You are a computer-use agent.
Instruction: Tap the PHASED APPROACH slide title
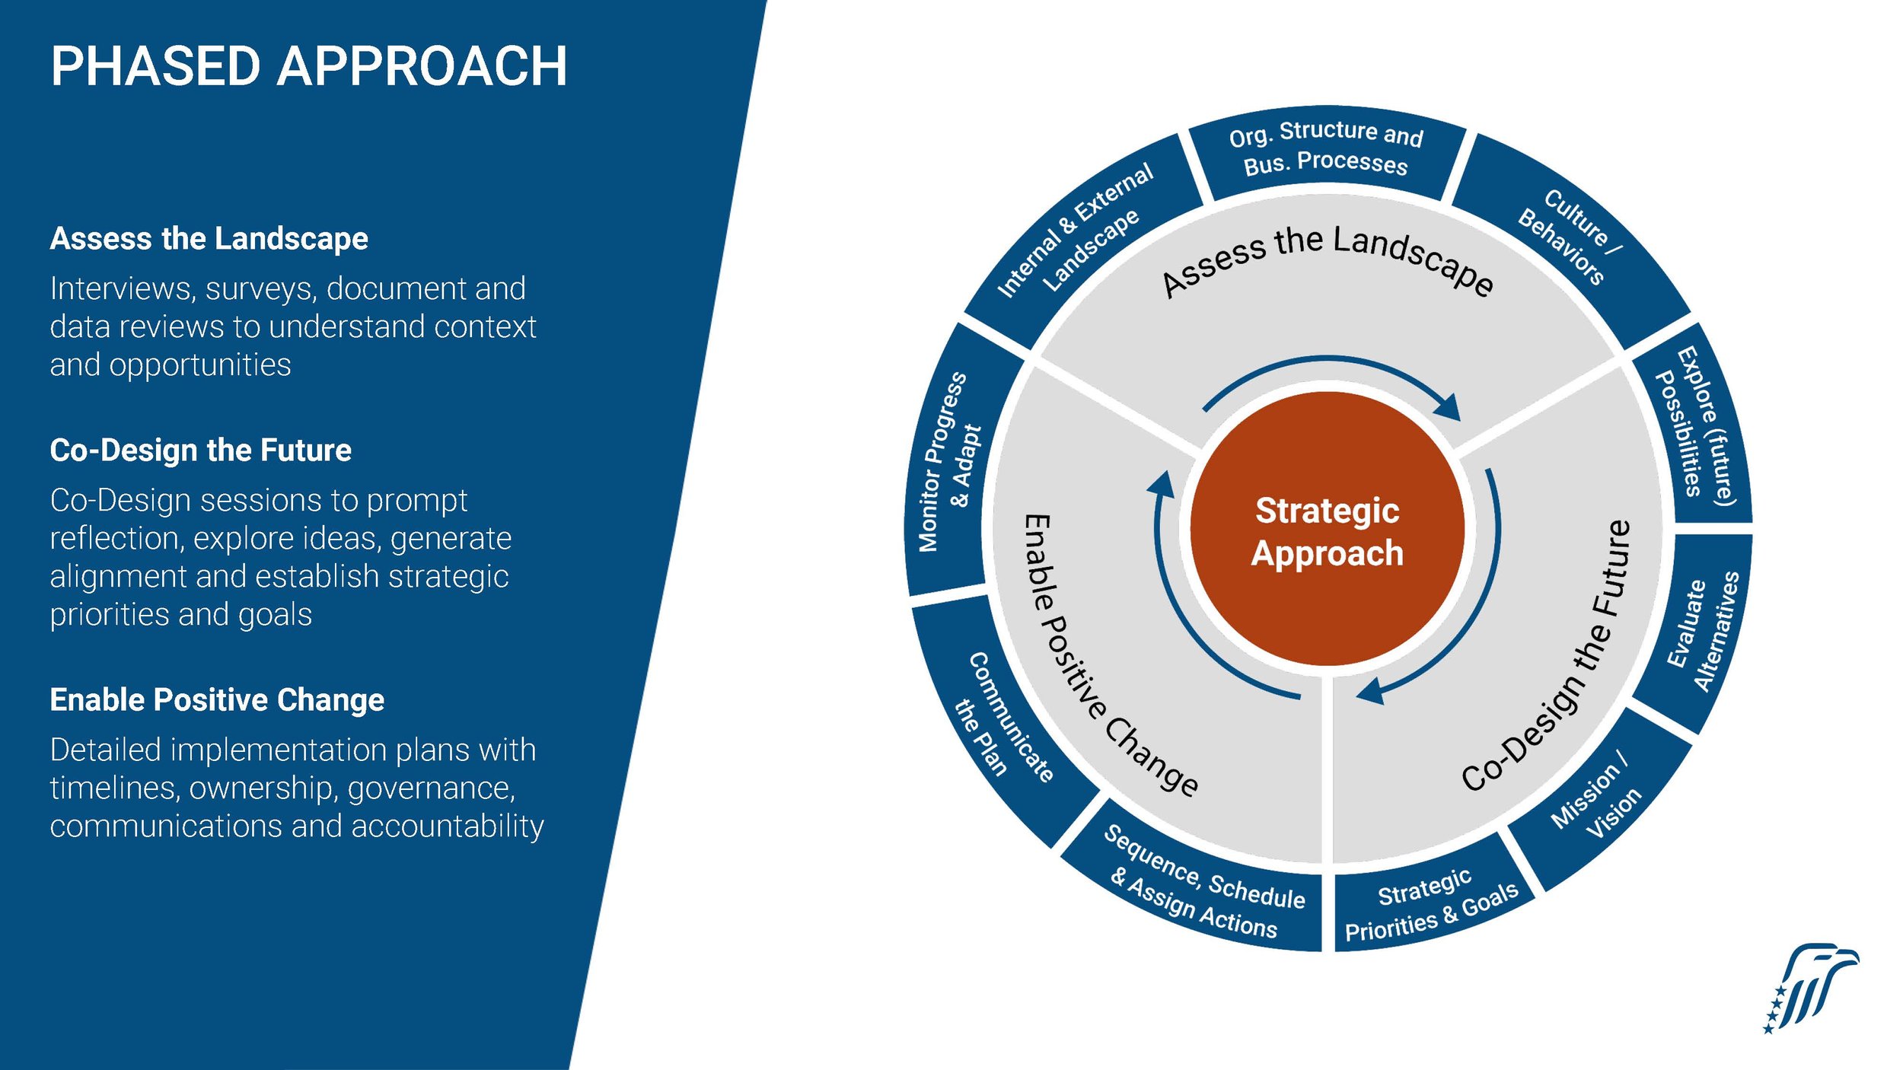coord(308,66)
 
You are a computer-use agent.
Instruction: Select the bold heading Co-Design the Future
coord(200,450)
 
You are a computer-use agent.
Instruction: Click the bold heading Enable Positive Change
coord(217,699)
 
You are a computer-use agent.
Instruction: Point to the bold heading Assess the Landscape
coord(209,238)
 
